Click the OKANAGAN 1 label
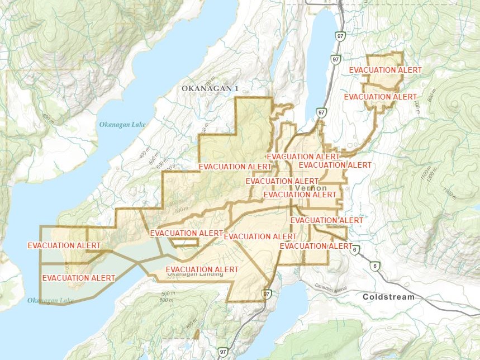(210, 89)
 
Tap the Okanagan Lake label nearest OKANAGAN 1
(121, 124)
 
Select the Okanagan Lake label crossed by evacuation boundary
(50, 301)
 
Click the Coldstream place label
(388, 297)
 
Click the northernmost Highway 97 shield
(340, 36)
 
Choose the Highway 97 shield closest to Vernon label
(321, 113)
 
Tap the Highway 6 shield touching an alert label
(355, 249)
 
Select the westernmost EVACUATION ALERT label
(64, 245)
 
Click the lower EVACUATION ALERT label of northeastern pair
(380, 97)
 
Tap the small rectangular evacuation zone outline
(184, 242)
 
